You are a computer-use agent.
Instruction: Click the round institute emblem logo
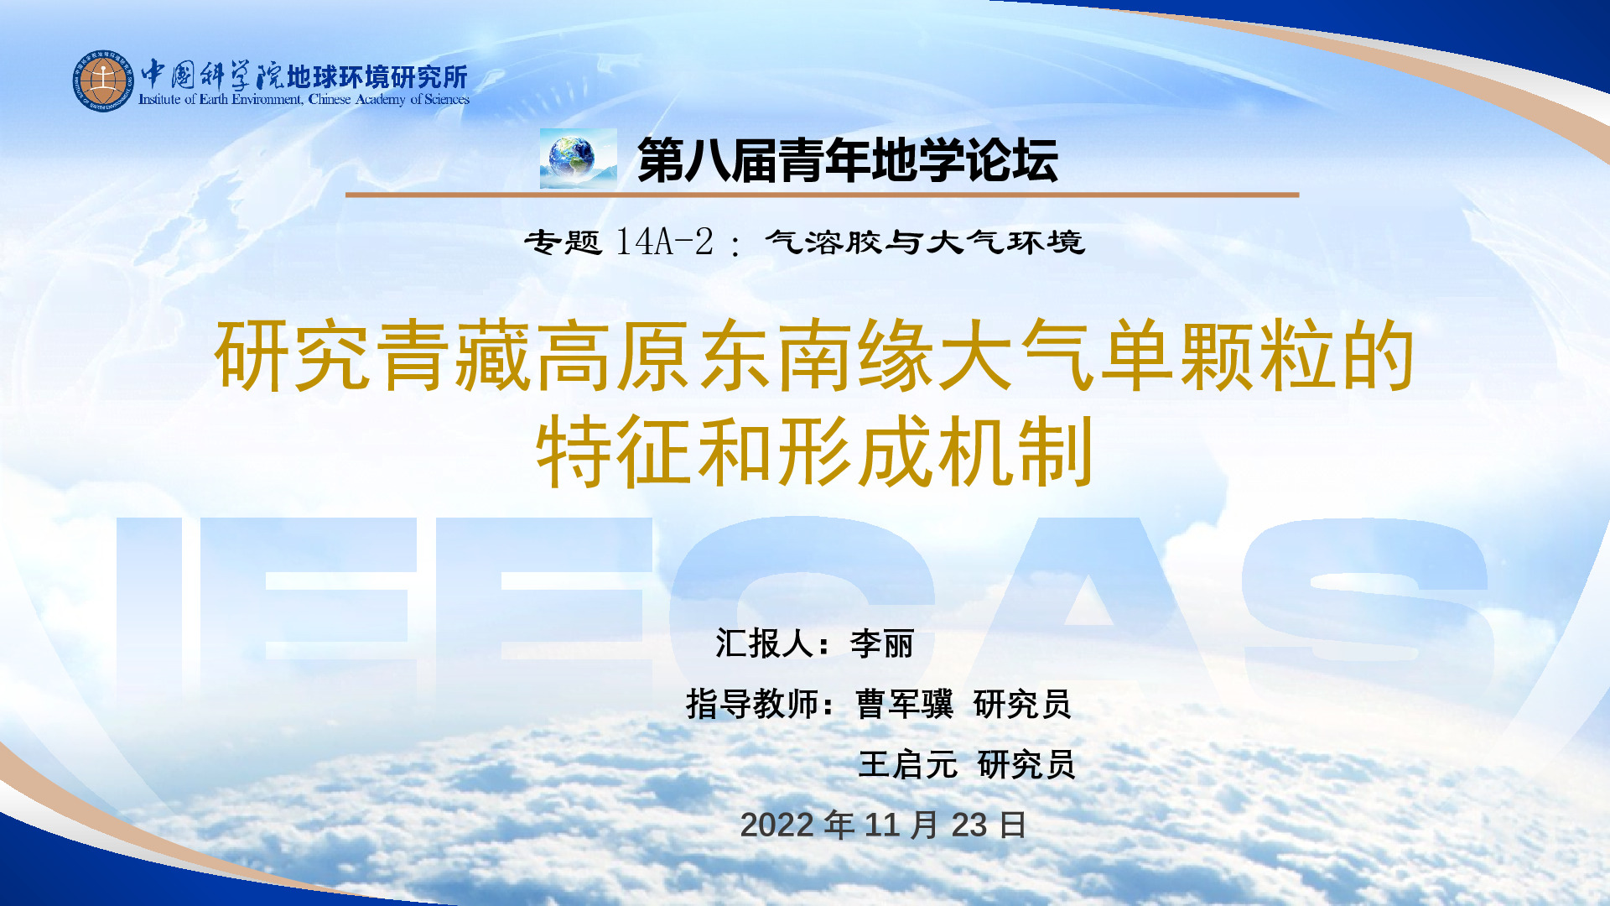click(x=103, y=81)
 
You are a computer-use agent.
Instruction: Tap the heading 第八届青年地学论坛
click(x=848, y=160)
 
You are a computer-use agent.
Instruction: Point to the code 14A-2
click(x=664, y=242)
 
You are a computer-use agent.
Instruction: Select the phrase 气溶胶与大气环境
click(x=925, y=242)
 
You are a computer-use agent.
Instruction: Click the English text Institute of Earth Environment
click(x=221, y=100)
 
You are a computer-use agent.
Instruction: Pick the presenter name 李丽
click(x=882, y=644)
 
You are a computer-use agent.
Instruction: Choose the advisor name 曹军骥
click(x=905, y=705)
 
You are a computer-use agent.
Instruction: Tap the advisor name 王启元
click(x=908, y=765)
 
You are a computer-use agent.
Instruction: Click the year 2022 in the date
click(x=777, y=825)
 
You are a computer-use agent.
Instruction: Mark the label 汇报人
click(x=764, y=644)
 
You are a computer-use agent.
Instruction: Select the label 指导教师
click(x=751, y=705)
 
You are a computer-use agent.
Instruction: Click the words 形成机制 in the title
click(x=936, y=453)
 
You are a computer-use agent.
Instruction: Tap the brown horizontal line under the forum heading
click(x=822, y=195)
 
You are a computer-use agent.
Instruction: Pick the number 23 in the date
click(x=969, y=825)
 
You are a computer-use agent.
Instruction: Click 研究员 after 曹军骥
click(x=1023, y=705)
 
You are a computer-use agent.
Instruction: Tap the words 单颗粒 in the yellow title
click(x=1217, y=357)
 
